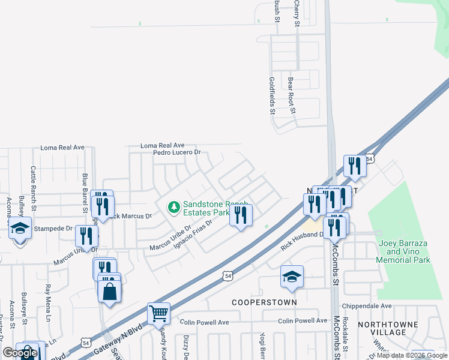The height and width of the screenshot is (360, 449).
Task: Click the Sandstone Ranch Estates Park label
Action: [x=206, y=208]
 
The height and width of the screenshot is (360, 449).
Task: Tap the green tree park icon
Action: [x=174, y=208]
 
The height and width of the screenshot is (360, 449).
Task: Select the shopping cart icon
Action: [x=158, y=313]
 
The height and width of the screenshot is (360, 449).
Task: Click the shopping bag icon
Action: [x=109, y=292]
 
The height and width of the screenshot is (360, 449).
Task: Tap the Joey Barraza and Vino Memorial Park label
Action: [x=405, y=251]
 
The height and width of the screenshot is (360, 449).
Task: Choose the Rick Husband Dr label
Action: [x=303, y=239]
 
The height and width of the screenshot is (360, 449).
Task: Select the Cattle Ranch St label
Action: [x=34, y=183]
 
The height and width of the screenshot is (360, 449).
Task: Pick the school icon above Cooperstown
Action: [x=292, y=277]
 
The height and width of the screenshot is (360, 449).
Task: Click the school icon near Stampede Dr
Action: [x=20, y=229]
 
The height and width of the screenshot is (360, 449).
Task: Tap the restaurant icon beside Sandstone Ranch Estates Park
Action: [x=241, y=215]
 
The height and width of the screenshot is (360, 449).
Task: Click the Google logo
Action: [x=20, y=353]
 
